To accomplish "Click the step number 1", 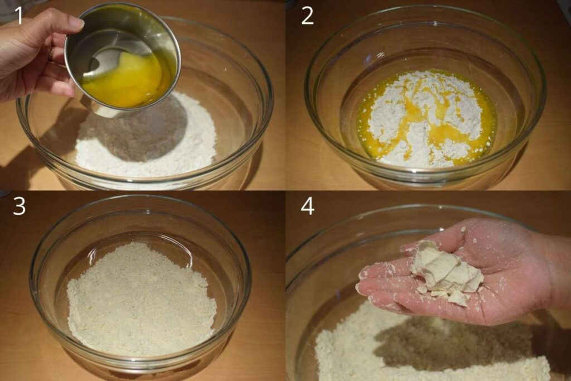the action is click(18, 16).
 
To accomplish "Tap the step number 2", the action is click(307, 16).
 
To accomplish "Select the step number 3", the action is click(20, 206).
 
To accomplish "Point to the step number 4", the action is click(308, 206).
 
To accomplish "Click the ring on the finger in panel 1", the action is click(51, 54).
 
